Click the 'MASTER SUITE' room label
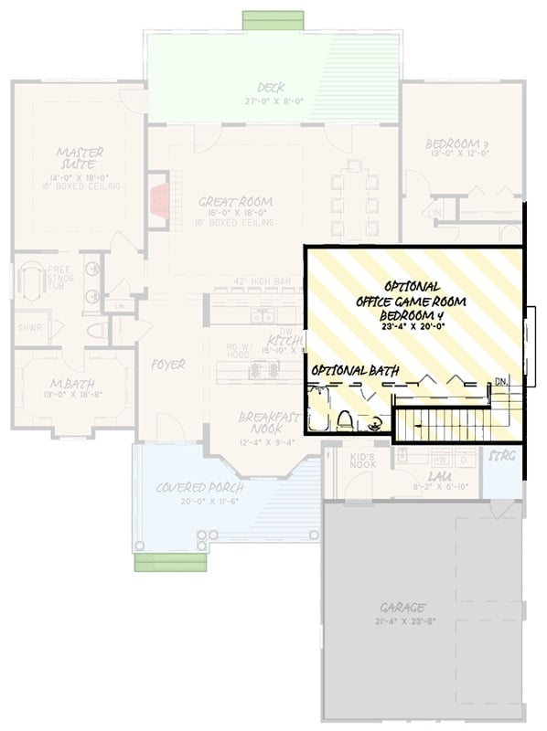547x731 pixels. pyautogui.click(x=79, y=158)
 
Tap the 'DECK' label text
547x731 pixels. pyautogui.click(x=270, y=88)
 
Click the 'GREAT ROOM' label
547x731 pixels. pyautogui.click(x=236, y=202)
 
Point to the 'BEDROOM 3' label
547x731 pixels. pyautogui.click(x=460, y=144)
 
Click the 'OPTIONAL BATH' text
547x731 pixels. pyautogui.click(x=346, y=372)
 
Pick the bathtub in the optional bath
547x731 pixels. pyautogui.click(x=319, y=411)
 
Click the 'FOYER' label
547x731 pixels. pyautogui.click(x=168, y=365)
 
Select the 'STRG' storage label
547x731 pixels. pyautogui.click(x=500, y=454)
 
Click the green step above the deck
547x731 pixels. pyautogui.click(x=273, y=20)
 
